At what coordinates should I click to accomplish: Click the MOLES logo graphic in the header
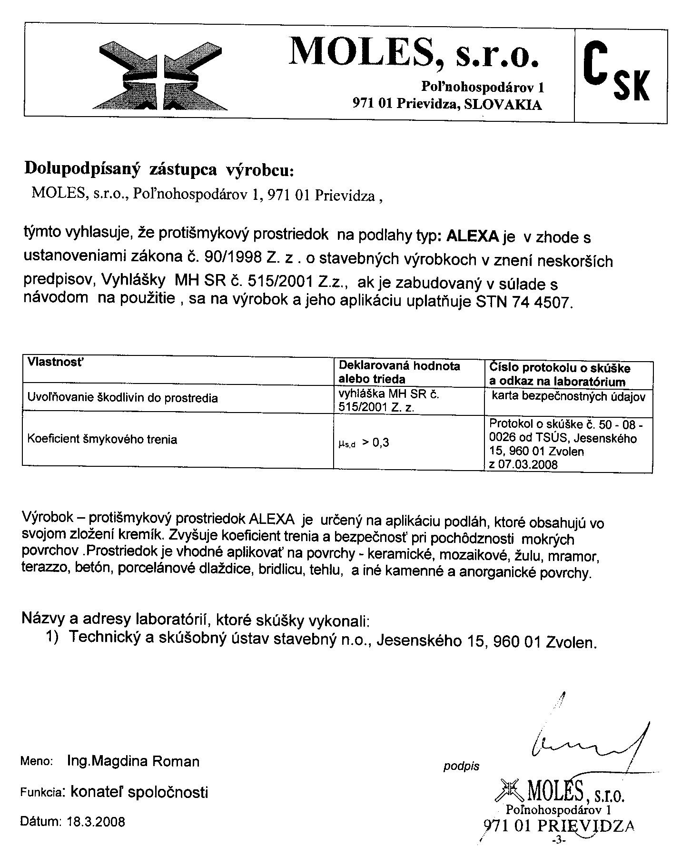coord(161,74)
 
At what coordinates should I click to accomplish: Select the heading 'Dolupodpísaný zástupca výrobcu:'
coord(159,169)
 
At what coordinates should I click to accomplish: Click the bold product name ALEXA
coord(472,236)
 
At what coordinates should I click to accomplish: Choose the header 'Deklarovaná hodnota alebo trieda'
coord(399,373)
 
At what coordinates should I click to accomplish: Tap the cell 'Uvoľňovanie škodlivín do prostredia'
coord(122,398)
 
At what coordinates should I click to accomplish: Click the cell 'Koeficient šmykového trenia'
coord(102,439)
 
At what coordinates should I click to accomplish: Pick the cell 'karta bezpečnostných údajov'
coord(568,397)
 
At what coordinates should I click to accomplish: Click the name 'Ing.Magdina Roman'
coord(134,762)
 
